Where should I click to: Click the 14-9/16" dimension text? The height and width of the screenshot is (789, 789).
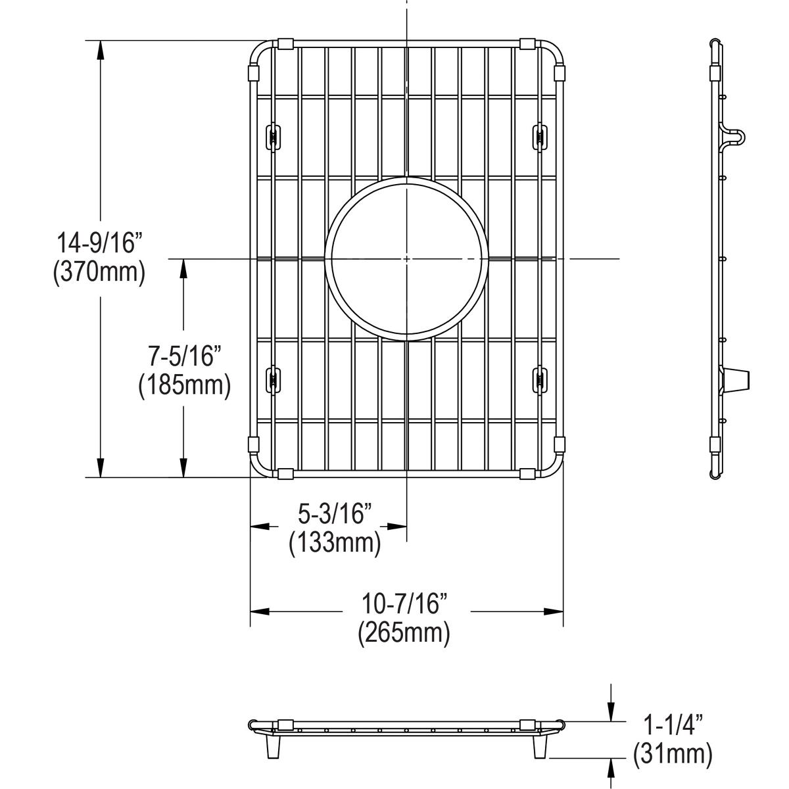coord(99,243)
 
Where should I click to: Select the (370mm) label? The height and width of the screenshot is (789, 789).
coord(99,271)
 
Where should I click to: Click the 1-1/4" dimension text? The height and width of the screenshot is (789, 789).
coord(672,725)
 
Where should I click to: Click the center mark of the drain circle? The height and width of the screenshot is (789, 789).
coord(407,259)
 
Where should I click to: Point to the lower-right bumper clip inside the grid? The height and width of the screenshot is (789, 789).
coord(540,379)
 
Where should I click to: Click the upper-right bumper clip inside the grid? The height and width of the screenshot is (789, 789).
coord(540,137)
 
